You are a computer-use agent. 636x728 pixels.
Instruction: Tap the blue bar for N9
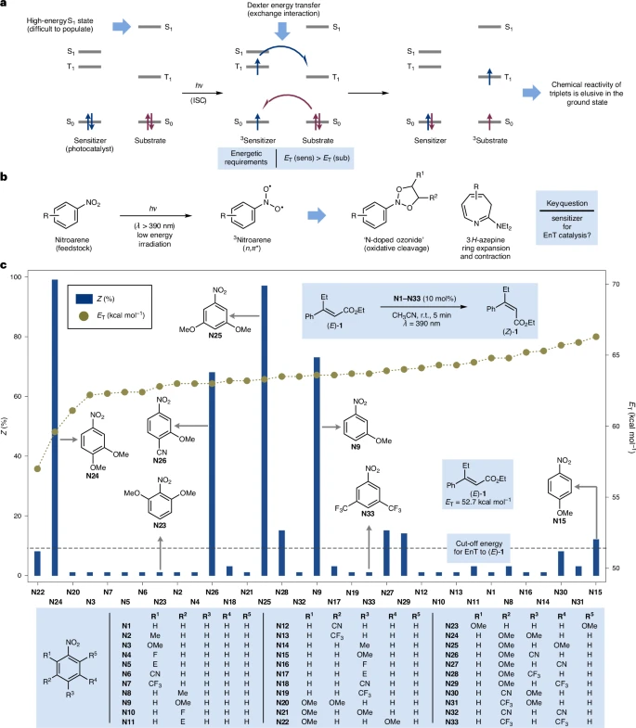click(x=317, y=464)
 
